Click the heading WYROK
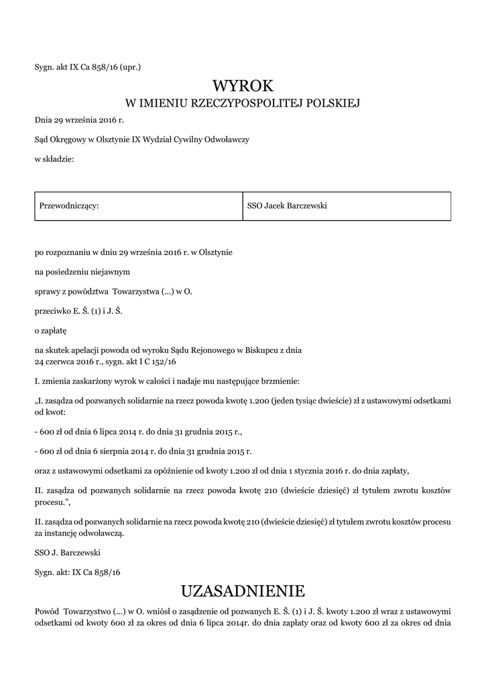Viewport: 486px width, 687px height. (x=243, y=86)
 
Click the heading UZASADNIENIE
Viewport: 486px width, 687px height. (x=243, y=591)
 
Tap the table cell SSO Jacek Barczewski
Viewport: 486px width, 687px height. (x=287, y=205)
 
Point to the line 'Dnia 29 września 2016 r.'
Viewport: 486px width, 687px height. (x=79, y=120)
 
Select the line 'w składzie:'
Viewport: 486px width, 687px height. (x=54, y=158)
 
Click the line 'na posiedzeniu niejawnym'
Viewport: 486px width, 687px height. (x=82, y=272)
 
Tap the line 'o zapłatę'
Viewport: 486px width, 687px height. (x=51, y=330)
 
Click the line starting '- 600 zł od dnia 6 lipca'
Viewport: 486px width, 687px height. (x=137, y=432)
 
